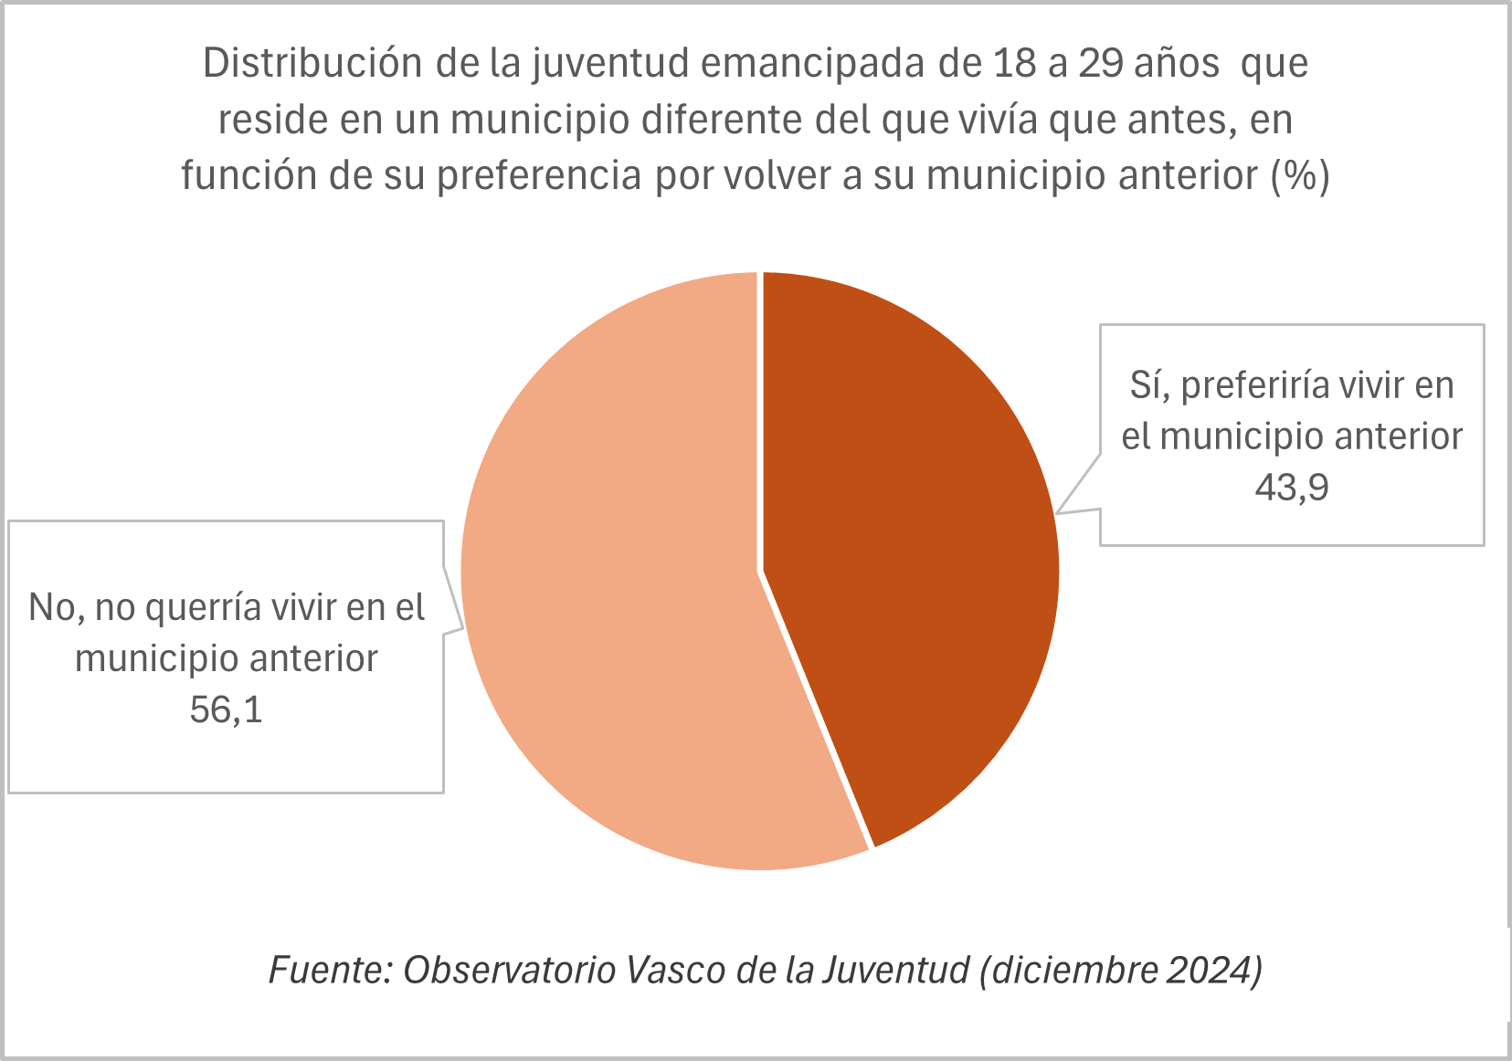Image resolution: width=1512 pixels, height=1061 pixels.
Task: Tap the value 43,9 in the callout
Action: point(1291,488)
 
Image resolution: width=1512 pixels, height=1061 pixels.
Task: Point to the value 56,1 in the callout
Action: point(226,709)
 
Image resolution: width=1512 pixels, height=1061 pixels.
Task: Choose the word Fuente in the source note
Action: point(324,970)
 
